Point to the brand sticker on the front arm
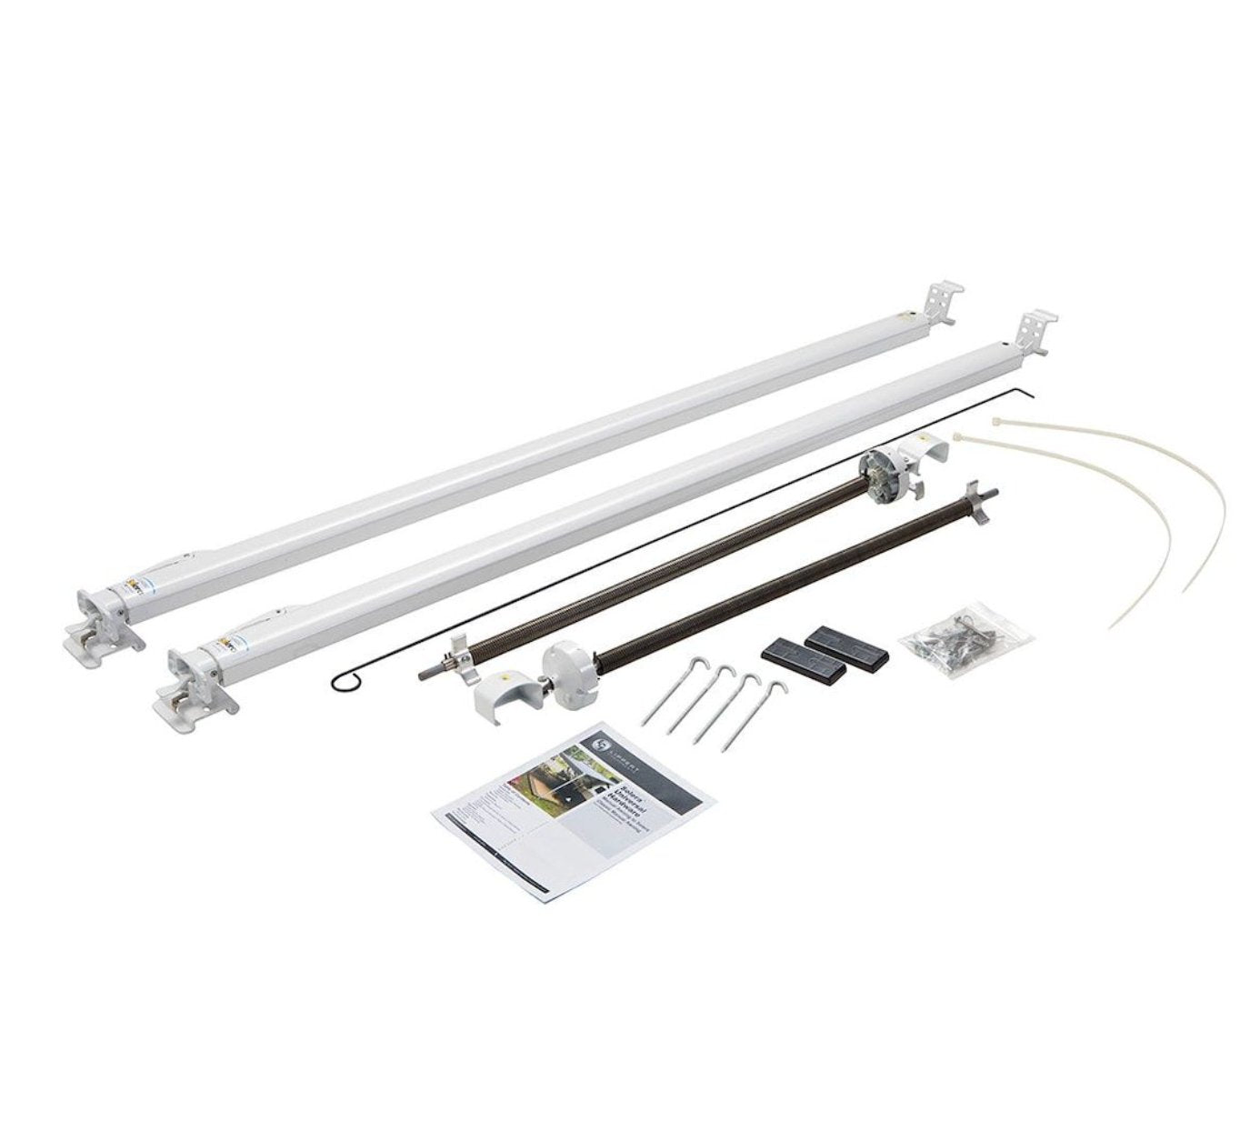click(226, 649)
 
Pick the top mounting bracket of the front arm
click(1036, 334)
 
